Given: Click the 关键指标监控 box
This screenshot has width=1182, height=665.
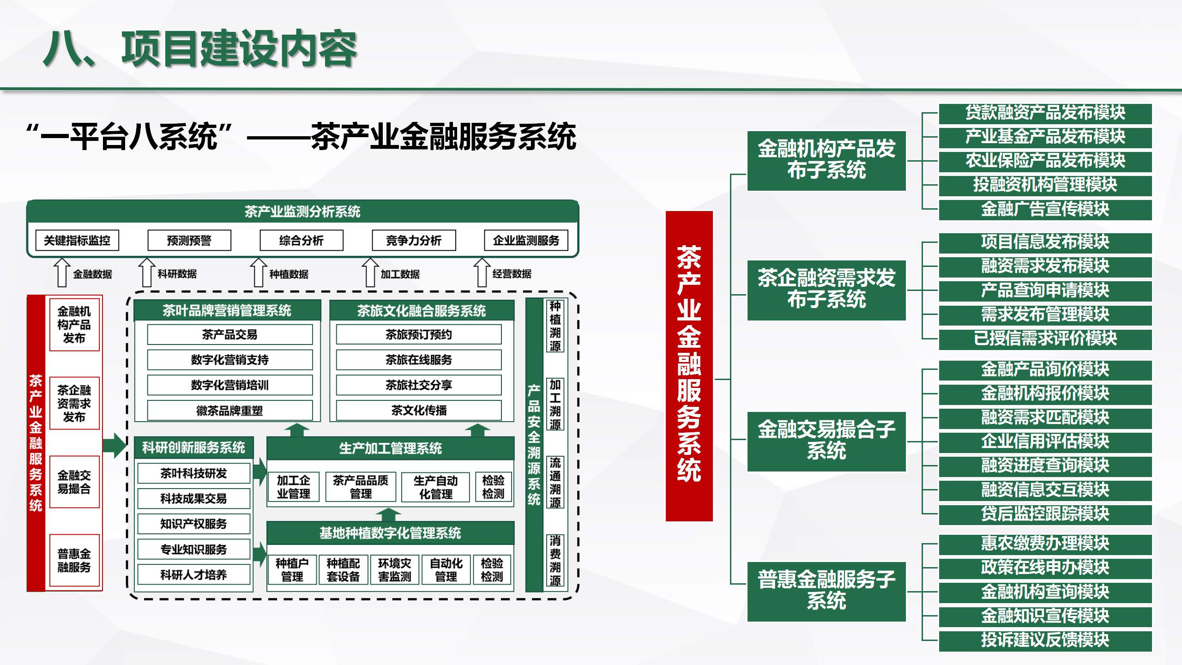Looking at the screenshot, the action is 77,240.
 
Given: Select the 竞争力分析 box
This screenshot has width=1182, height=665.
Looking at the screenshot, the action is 414,240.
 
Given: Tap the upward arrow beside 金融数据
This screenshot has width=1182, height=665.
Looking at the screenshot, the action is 61,272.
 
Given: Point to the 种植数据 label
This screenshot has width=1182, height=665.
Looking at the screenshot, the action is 289,274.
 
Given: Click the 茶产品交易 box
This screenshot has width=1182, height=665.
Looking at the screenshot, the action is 229,334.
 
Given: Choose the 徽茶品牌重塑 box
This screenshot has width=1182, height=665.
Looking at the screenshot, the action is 229,411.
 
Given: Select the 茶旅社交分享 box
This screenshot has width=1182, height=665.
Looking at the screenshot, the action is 419,385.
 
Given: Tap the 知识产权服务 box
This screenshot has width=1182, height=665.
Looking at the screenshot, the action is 194,524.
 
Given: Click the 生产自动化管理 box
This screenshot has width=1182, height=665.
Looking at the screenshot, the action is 435,487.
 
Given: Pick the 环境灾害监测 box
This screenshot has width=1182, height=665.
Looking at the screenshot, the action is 394,570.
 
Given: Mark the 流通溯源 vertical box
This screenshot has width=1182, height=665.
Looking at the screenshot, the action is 555,483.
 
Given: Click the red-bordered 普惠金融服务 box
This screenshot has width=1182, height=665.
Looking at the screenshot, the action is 74,560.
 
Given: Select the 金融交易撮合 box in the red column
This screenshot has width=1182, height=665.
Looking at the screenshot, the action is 74,482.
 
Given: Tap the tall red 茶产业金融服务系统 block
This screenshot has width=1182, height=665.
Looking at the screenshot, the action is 689,366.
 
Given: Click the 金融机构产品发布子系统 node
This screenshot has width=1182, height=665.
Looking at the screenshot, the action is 826,160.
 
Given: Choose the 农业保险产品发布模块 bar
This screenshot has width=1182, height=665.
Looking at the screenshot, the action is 1045,161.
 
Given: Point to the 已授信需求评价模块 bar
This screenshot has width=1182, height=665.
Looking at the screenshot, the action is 1045,339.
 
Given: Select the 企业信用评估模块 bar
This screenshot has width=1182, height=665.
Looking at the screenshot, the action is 1045,441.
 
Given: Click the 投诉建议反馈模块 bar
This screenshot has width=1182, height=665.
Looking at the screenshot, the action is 1045,640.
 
